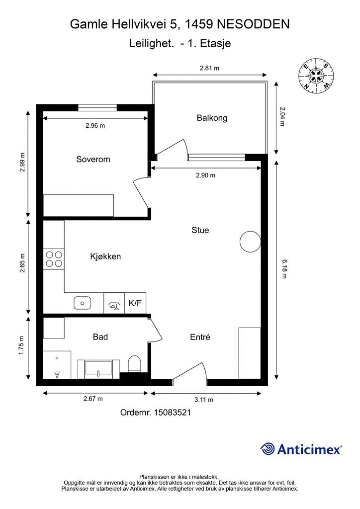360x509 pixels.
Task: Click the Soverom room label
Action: tap(93, 160)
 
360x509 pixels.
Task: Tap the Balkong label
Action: tap(212, 118)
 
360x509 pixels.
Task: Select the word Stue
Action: tap(200, 230)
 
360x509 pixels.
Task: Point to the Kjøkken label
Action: tap(105, 256)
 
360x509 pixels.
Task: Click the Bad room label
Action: tap(100, 337)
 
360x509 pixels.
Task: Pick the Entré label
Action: tap(200, 338)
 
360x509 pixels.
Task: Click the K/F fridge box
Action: tap(135, 303)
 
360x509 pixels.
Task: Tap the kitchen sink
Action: tap(83, 303)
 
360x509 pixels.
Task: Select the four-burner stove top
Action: tap(54, 259)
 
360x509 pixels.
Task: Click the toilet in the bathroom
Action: tap(134, 363)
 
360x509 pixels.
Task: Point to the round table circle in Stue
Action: tap(250, 242)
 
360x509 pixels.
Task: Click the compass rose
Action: tap(317, 76)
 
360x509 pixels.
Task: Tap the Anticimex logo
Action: tap(301, 449)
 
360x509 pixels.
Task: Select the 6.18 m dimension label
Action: tap(284, 269)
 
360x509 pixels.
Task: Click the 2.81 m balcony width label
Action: tap(209, 68)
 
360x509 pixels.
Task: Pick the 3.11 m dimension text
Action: tap(204, 400)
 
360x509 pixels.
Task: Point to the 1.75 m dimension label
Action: tap(22, 345)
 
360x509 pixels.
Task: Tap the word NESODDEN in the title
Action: tap(253, 24)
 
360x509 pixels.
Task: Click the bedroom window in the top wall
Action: tap(97, 107)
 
